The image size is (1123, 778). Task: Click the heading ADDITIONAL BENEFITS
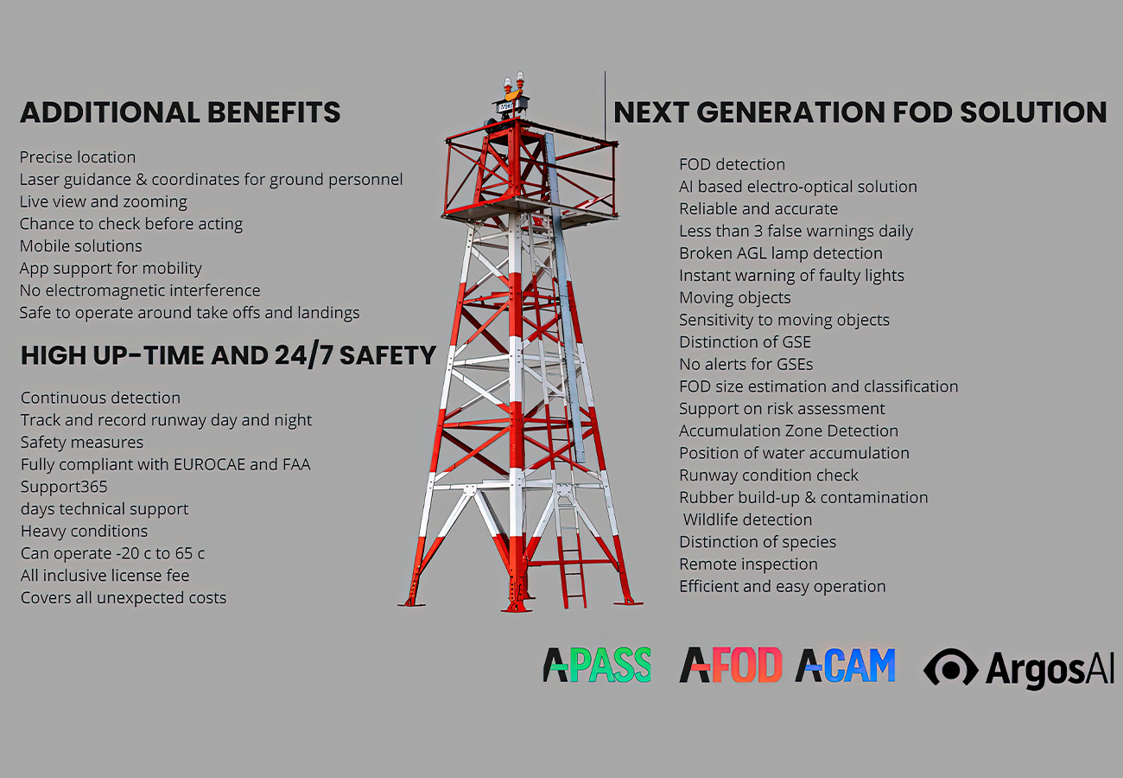tap(180, 112)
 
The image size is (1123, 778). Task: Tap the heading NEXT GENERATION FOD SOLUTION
tap(860, 112)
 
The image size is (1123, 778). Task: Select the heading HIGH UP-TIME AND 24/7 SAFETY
tap(228, 355)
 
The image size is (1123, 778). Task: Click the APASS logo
tap(597, 665)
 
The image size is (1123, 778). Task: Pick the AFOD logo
tap(731, 665)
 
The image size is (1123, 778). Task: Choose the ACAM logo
tap(845, 665)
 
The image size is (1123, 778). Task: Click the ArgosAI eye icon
tap(950, 667)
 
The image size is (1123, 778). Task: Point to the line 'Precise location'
tap(78, 157)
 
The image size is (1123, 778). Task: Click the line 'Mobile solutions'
tap(80, 246)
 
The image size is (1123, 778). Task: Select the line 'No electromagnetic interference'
tap(140, 290)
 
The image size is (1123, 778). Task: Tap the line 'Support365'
tap(64, 487)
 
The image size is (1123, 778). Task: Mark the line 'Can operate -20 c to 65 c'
tap(113, 553)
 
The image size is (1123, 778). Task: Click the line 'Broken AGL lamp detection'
tap(781, 253)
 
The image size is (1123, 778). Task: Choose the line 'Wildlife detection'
tap(747, 520)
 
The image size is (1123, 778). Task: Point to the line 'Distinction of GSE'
tap(745, 342)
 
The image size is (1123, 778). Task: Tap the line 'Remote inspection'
tap(748, 564)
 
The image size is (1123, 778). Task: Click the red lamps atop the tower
tap(514, 82)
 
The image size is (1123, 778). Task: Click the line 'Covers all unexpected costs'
tap(124, 598)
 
